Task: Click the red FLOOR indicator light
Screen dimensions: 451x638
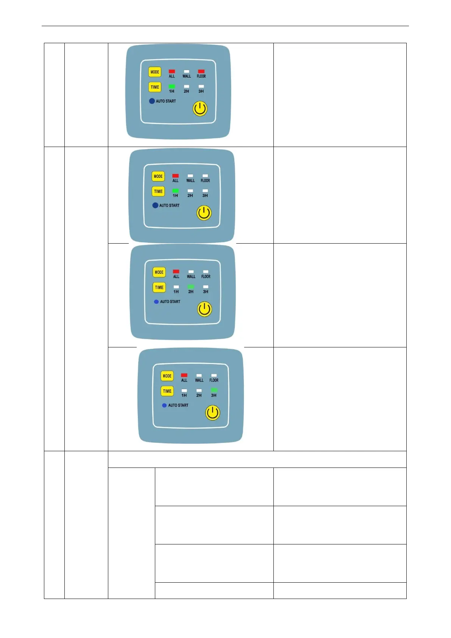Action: [x=201, y=71]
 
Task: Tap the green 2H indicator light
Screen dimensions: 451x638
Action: [x=191, y=287]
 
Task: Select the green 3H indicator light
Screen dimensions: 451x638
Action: [x=214, y=390]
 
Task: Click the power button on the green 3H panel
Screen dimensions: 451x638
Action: [x=212, y=413]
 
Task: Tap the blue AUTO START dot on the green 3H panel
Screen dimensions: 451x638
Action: [x=164, y=405]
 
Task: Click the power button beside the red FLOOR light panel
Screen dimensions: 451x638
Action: [x=200, y=109]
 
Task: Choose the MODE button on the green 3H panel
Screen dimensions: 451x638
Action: [x=167, y=376]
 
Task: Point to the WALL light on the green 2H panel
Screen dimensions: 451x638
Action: [x=191, y=272]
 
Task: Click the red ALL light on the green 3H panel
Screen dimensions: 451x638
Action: [x=184, y=375]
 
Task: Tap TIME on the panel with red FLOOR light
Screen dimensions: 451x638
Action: [x=155, y=87]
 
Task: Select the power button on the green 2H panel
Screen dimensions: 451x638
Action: [x=204, y=309]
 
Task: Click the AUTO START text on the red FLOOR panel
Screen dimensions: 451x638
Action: [x=166, y=101]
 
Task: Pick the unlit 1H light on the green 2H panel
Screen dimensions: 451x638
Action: [x=176, y=287]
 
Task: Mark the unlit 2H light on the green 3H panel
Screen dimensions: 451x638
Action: [x=199, y=390]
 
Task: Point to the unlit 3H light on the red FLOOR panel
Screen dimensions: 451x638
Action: [x=201, y=86]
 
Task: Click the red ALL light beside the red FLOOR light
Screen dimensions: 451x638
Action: [x=172, y=71]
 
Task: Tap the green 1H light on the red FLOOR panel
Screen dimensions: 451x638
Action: [x=172, y=86]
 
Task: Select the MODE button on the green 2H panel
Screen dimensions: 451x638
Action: [x=159, y=272]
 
